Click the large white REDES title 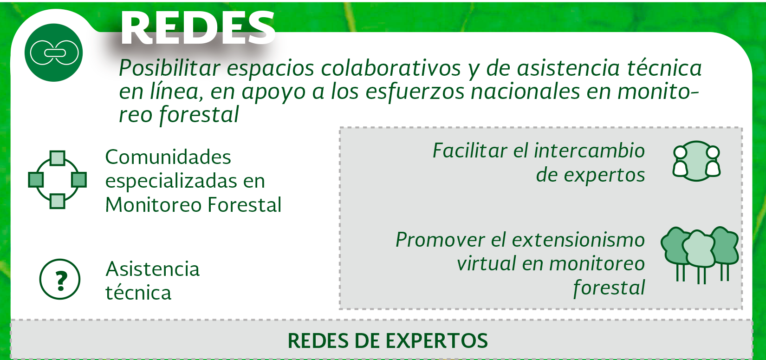pyautogui.click(x=198, y=27)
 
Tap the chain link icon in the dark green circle pyautogui.click(x=54, y=52)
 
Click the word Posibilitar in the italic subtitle pyautogui.click(x=169, y=68)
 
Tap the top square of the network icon pyautogui.click(x=58, y=158)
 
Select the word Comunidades pyautogui.click(x=168, y=157)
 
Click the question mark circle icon pyautogui.click(x=60, y=279)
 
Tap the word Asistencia pyautogui.click(x=153, y=269)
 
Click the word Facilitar pyautogui.click(x=470, y=151)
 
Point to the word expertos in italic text pyautogui.click(x=591, y=175)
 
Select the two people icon pyautogui.click(x=696, y=161)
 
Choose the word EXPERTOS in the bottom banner pyautogui.click(x=437, y=341)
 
